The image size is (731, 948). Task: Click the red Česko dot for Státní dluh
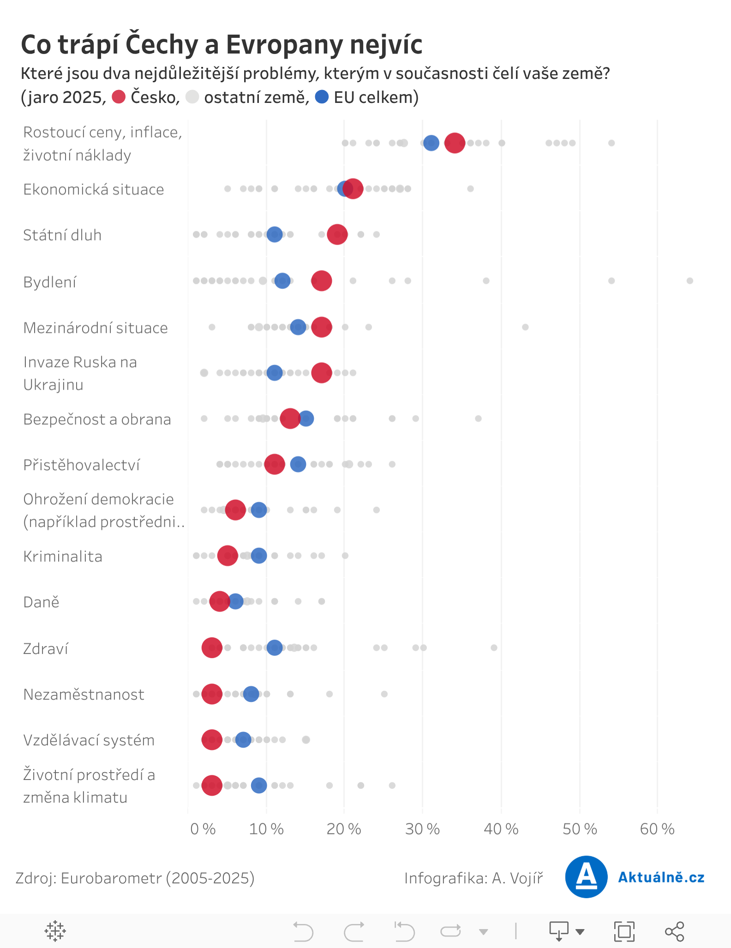click(337, 234)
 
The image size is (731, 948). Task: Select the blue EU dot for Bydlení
click(282, 281)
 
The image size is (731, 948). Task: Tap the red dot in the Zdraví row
click(212, 648)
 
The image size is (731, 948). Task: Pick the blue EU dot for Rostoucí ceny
click(431, 143)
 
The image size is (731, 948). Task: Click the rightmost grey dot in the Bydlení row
click(689, 281)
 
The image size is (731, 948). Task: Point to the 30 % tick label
click(422, 829)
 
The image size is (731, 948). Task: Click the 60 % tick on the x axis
click(657, 829)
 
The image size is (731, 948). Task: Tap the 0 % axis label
click(203, 829)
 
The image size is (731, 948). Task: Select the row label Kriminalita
click(63, 556)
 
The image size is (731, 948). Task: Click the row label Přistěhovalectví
click(82, 465)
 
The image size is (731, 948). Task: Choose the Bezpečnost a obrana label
click(97, 419)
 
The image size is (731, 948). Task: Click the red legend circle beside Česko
click(119, 97)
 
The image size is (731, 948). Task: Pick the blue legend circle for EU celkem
click(322, 97)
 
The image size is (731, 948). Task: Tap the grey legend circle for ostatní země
click(192, 97)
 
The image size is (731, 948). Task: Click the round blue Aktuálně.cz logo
click(586, 877)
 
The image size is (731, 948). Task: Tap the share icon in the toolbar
click(674, 931)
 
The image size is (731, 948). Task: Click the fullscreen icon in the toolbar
click(624, 931)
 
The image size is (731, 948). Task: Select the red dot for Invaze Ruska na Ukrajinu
click(321, 373)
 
